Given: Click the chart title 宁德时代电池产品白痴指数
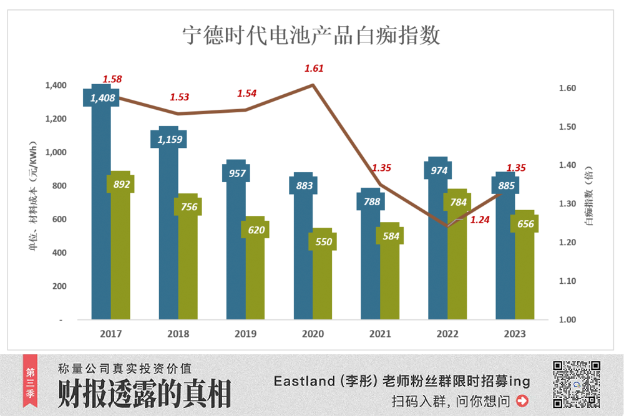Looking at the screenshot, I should [x=311, y=35].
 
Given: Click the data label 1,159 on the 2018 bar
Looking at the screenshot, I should [x=168, y=139].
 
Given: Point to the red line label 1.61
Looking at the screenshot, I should [x=314, y=68].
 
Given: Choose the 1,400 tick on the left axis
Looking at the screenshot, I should [x=57, y=85].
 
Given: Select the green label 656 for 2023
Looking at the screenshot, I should [x=525, y=223].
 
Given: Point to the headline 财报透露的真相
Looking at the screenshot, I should [x=145, y=393].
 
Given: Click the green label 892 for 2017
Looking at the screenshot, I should [x=120, y=184].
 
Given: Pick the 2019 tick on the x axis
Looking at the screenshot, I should [x=245, y=334].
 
